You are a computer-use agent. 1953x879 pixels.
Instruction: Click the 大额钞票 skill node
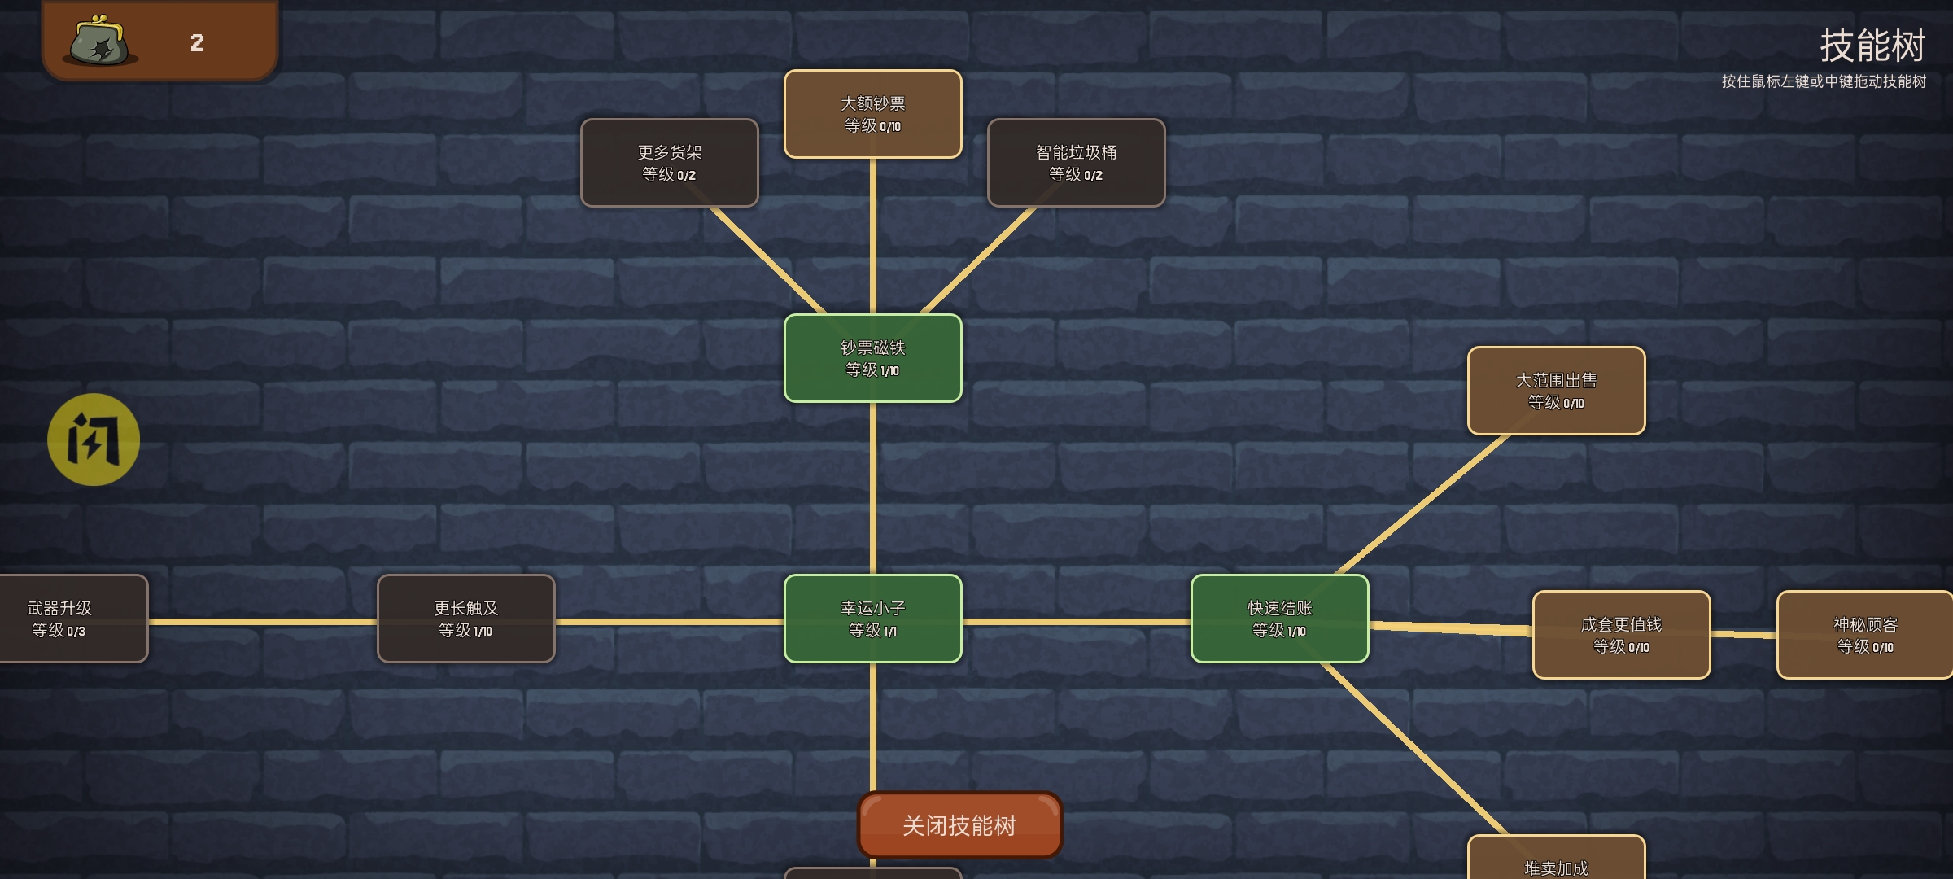tap(872, 114)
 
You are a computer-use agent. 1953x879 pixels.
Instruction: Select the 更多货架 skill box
tap(669, 163)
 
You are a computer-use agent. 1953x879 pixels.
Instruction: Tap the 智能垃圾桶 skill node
tap(1076, 163)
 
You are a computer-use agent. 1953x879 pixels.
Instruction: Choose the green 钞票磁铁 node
tap(872, 358)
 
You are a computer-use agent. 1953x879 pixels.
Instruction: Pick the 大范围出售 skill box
tap(1556, 391)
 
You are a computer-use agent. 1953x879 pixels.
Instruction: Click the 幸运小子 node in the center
tap(872, 619)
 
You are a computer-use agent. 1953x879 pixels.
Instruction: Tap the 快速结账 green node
tap(1279, 619)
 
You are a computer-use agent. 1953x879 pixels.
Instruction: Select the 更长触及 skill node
tap(465, 619)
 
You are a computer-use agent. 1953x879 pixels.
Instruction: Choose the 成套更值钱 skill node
tap(1621, 635)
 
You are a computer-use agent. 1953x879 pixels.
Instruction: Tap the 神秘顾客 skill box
tap(1863, 635)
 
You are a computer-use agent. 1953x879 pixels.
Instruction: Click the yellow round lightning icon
tap(94, 439)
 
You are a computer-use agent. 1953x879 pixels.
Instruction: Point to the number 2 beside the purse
tap(197, 43)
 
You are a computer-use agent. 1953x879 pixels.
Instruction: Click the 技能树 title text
tap(1872, 46)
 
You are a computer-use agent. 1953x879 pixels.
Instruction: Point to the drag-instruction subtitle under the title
tap(1823, 81)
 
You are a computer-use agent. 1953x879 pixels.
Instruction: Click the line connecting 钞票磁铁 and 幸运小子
tap(872, 488)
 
